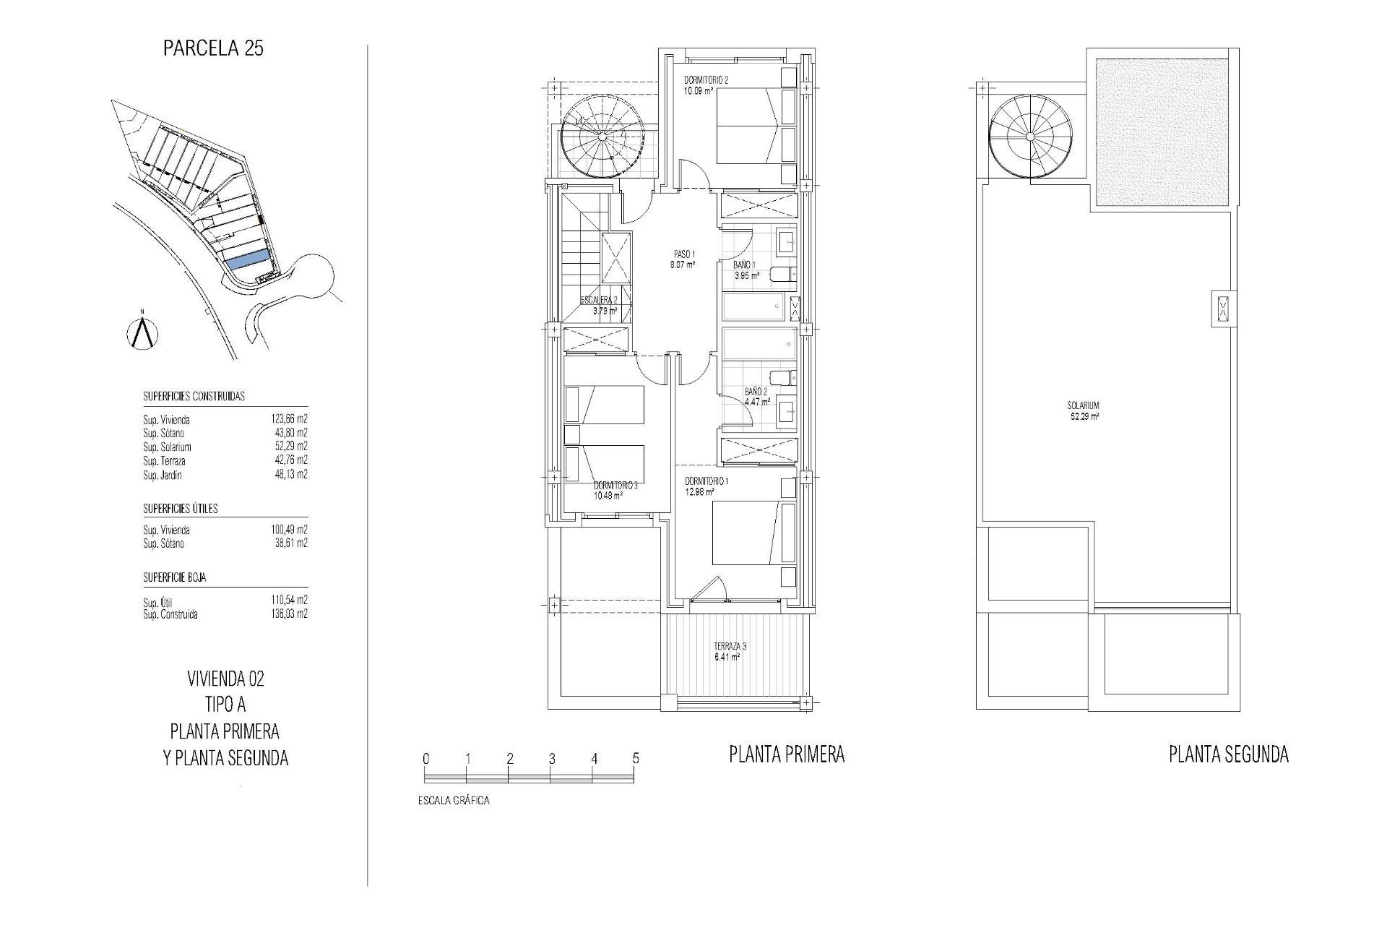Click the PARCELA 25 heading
pos(213,48)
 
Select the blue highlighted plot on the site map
pos(248,259)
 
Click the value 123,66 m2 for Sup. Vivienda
pos(289,419)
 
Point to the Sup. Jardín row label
pos(163,475)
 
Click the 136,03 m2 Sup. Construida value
pos(289,614)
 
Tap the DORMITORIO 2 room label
pos(706,80)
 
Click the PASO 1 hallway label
pos(683,254)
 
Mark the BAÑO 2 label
pos(756,392)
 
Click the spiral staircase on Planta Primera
pos(602,137)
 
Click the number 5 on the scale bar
pos(636,759)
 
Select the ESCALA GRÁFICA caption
pos(454,801)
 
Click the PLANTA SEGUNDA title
pos(1228,755)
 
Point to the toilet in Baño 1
pos(782,274)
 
